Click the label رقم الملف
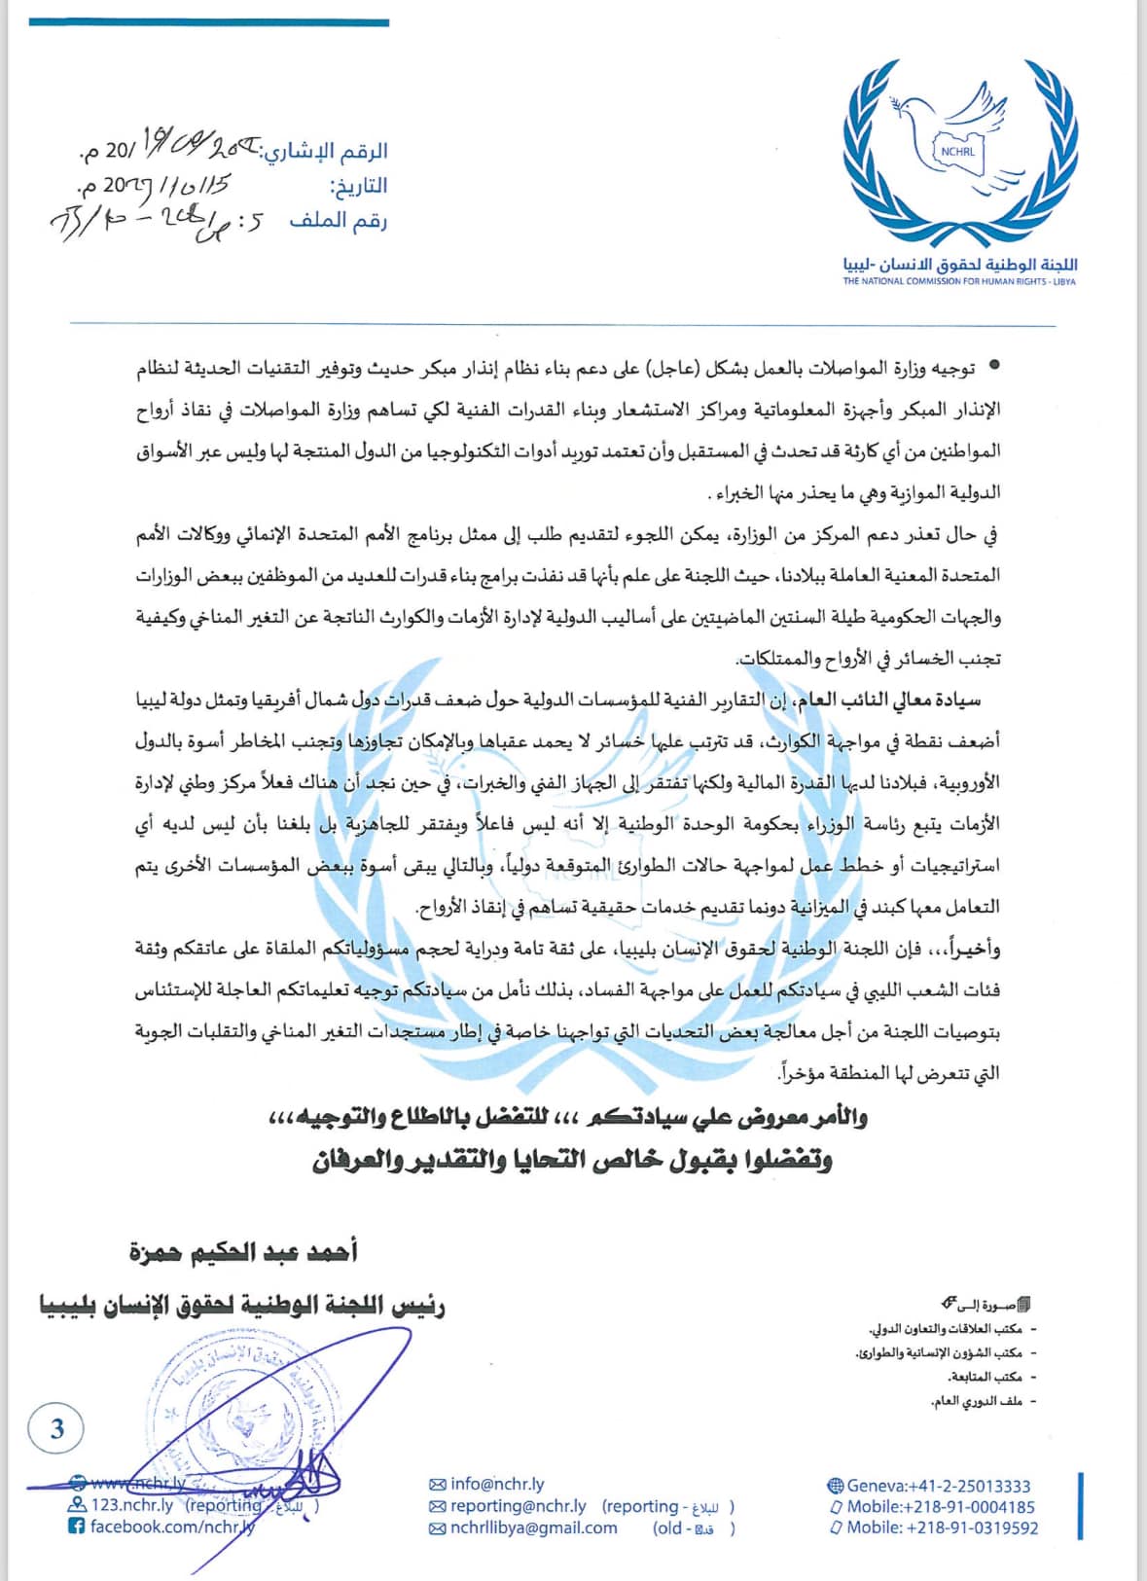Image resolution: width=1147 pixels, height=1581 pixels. click(338, 221)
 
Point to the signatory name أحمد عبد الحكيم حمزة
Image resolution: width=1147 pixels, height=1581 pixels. click(244, 1251)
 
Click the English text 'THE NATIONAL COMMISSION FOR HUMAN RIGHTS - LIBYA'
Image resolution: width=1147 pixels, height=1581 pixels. click(959, 282)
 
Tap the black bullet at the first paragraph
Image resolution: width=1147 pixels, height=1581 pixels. click(993, 366)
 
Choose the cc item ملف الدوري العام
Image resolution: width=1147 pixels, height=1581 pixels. click(977, 1401)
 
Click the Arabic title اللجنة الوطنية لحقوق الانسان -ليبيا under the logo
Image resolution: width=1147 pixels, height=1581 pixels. click(960, 265)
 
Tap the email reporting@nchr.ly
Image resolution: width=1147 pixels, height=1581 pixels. click(519, 1506)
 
